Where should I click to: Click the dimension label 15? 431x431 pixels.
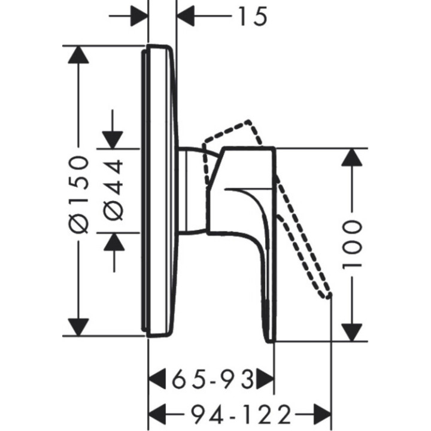(251, 16)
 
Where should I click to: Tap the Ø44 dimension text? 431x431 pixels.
(114, 190)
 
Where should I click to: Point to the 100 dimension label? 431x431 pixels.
(353, 243)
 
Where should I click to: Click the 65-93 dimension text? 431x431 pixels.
(213, 380)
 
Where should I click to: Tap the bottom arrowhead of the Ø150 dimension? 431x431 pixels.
(78, 327)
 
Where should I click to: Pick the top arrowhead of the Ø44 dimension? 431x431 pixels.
(114, 137)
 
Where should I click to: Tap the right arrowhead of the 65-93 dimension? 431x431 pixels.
(265, 380)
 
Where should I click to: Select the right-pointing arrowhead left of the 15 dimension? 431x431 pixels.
(139, 16)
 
